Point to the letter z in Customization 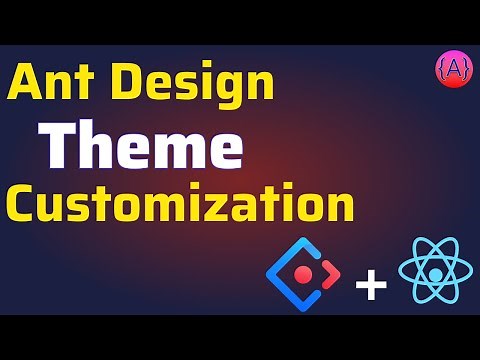pyautogui.click(x=232, y=206)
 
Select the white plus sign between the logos pyautogui.click(x=371, y=285)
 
